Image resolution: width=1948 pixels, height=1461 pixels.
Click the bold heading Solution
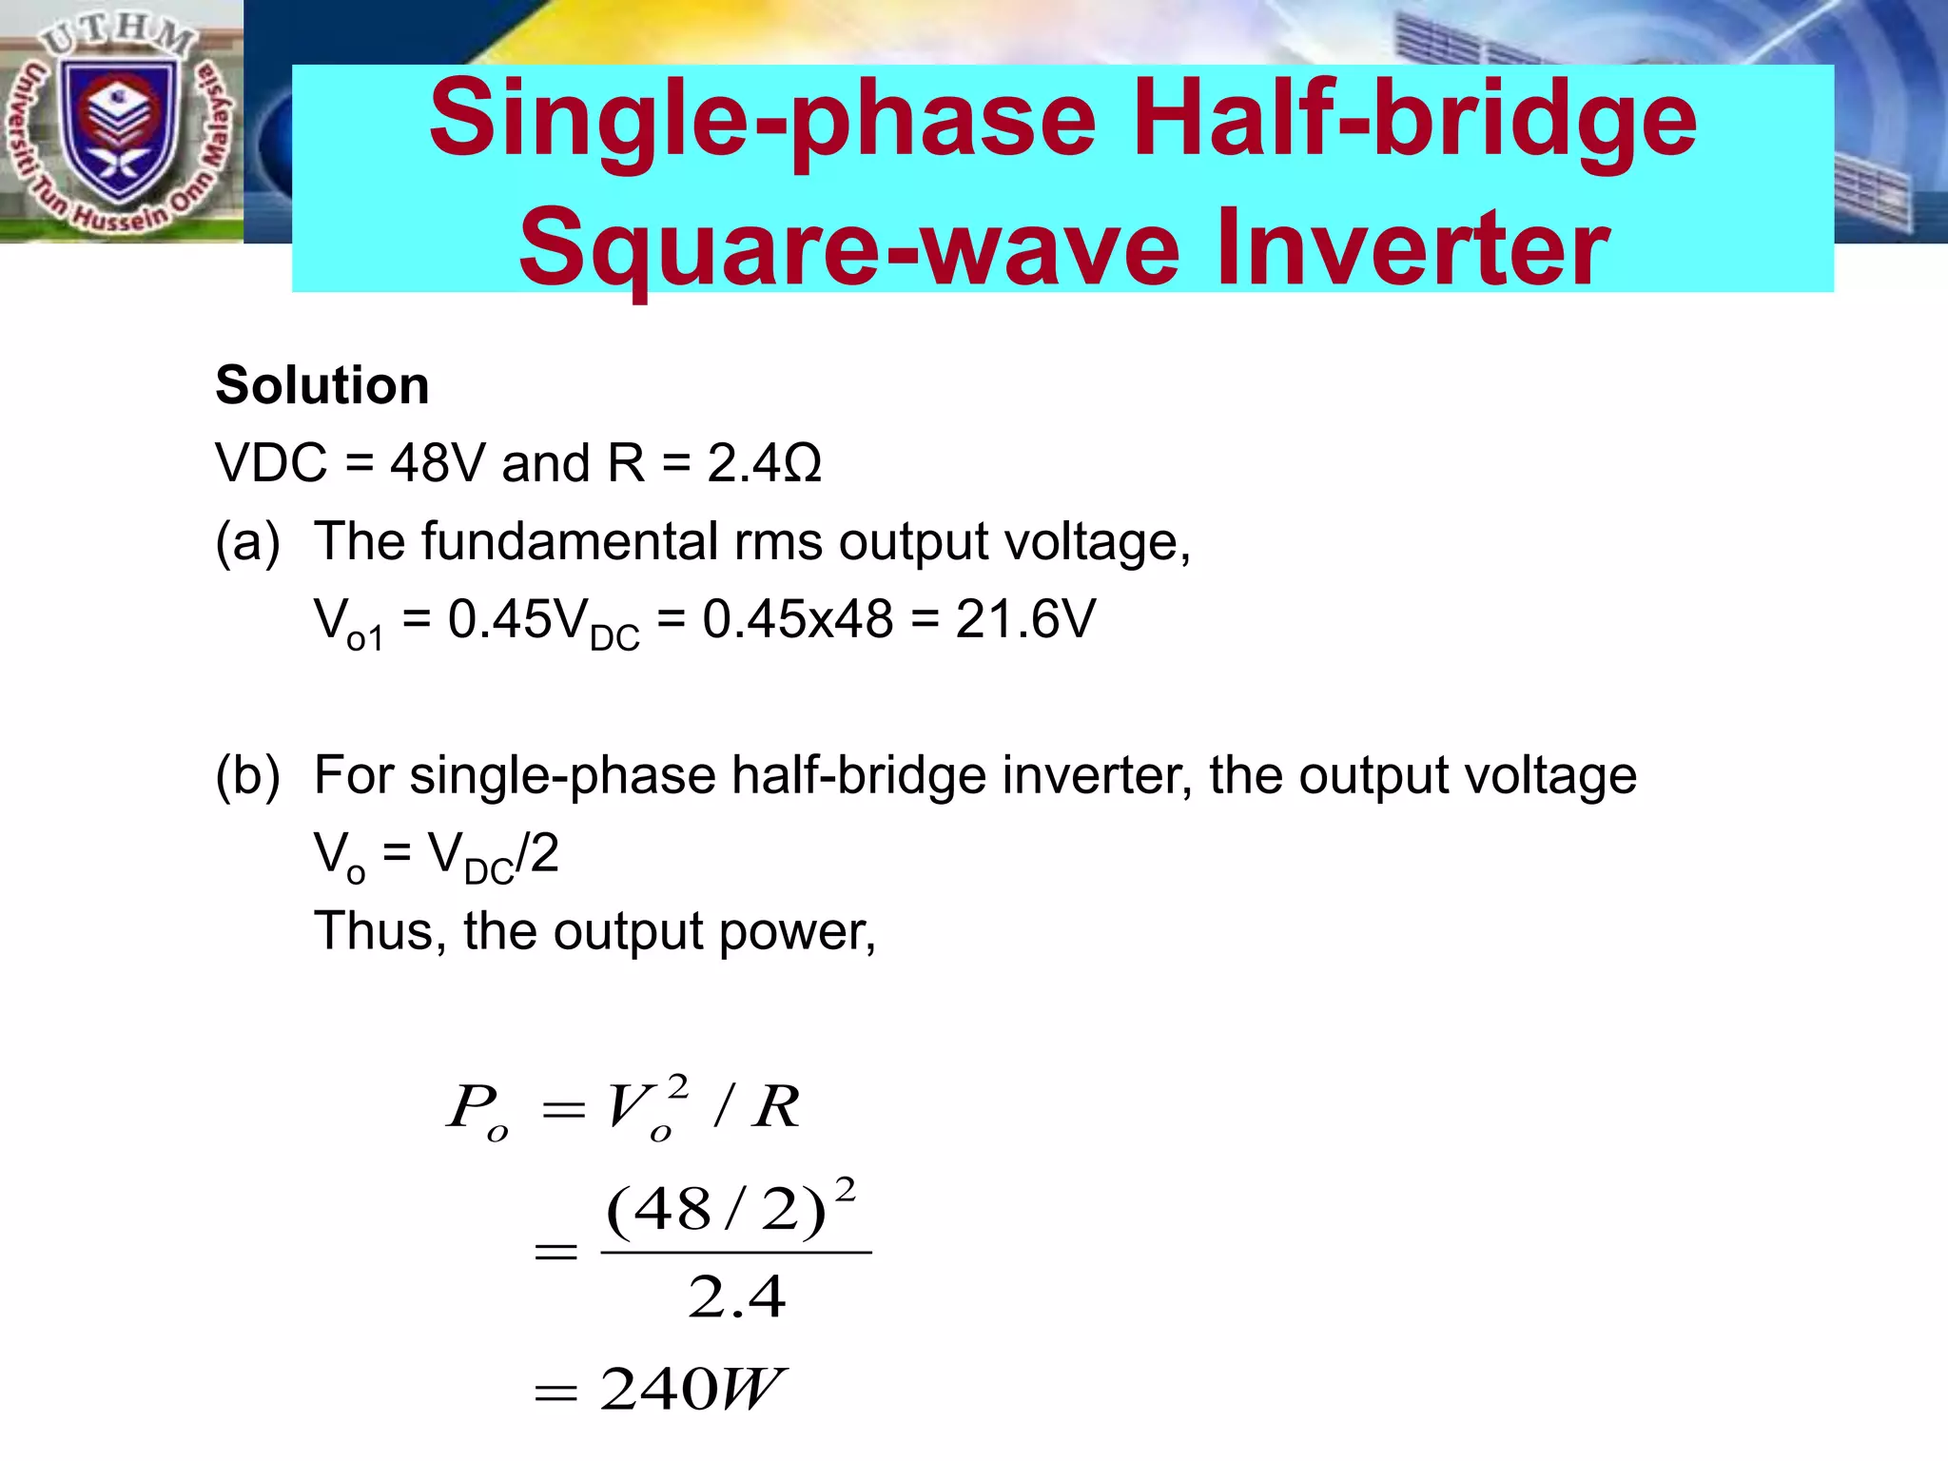click(322, 385)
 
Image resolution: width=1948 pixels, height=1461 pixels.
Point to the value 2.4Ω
click(764, 464)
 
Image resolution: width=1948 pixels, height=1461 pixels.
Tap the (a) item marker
click(248, 542)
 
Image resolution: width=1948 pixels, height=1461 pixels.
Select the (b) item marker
click(248, 775)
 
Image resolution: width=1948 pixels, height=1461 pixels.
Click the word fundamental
click(570, 541)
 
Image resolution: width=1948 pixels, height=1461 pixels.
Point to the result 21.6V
click(1025, 619)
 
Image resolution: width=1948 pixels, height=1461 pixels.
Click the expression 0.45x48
click(798, 619)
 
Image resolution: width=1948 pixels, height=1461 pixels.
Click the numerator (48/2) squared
click(730, 1211)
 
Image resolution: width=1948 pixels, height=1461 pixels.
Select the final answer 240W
click(692, 1390)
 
